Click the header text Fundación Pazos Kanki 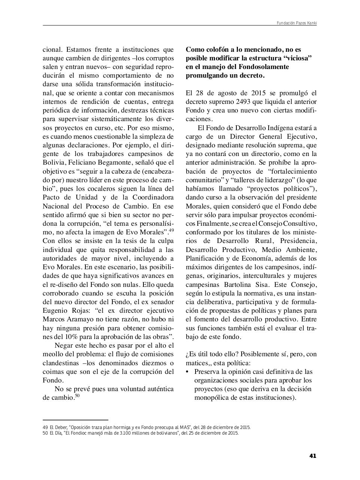(297, 23)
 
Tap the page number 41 (313, 456)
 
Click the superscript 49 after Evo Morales (171, 231)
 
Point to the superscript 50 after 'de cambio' (77, 396)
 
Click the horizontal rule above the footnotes (75, 420)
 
